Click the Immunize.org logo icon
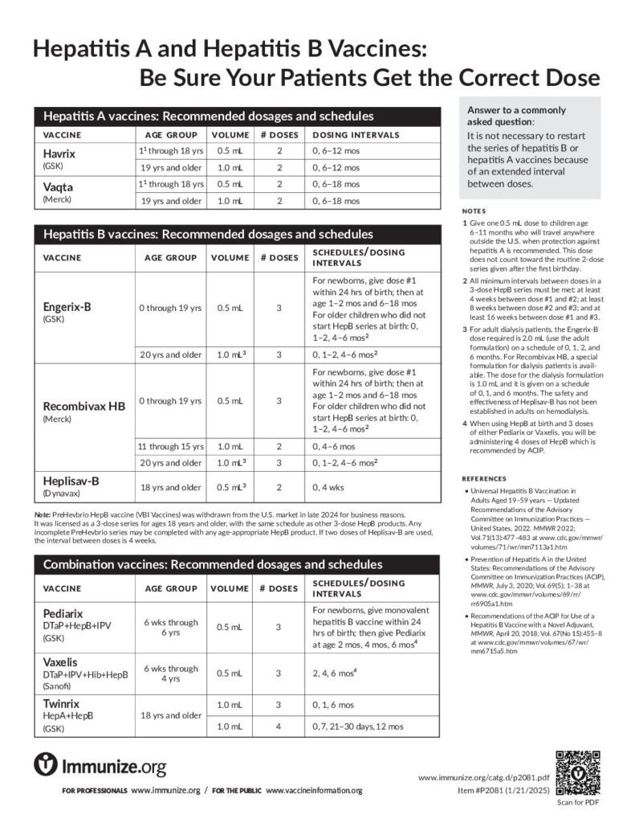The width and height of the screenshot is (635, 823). tap(45, 764)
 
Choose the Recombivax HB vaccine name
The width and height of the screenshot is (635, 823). tap(83, 405)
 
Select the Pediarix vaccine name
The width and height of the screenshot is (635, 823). tap(63, 612)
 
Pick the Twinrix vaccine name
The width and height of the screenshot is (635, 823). tap(61, 703)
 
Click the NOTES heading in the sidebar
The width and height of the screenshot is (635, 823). tap(475, 210)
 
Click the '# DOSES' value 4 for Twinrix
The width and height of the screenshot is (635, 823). tap(279, 726)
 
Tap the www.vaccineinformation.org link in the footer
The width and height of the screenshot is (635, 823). tap(314, 792)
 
